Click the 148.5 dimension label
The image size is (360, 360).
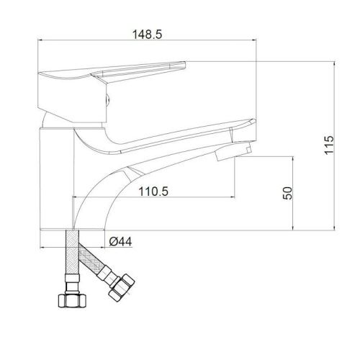[x=147, y=35]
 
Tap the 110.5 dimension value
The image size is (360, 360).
[x=153, y=192]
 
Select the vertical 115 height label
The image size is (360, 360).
[x=329, y=145]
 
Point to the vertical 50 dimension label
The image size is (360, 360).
[x=288, y=193]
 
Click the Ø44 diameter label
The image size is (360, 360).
[x=120, y=241]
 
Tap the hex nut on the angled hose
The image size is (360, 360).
[x=122, y=288]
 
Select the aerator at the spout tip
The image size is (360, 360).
[x=233, y=150]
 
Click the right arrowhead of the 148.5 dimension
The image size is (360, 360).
[x=254, y=40]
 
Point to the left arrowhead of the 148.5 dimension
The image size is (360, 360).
[x=40, y=40]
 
